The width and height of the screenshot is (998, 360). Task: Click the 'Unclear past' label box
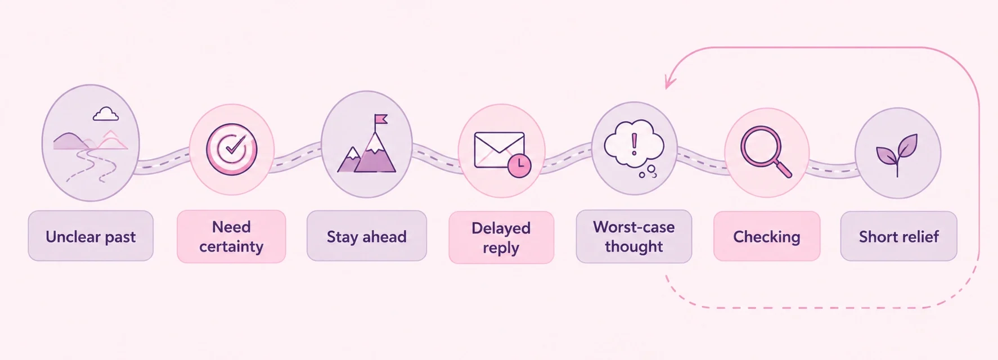point(91,236)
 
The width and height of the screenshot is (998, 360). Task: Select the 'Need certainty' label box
point(231,236)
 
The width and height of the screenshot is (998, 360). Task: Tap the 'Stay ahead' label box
point(367,236)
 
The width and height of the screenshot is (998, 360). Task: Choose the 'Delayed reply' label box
point(501,237)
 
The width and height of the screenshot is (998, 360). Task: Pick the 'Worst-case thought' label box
point(634,236)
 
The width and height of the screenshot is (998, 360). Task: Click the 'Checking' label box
point(767,236)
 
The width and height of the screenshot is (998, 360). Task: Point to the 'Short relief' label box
point(899,236)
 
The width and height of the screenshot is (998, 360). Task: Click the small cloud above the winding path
point(106,114)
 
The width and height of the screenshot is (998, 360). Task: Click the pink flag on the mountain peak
point(381,119)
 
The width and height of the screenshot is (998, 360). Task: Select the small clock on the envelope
point(519,166)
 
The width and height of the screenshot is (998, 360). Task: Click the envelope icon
point(499,150)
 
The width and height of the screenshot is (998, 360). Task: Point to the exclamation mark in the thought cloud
point(635,144)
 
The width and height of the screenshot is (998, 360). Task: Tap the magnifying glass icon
point(766,151)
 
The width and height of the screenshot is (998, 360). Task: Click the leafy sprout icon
point(897,154)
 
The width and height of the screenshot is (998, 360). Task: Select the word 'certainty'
point(231,247)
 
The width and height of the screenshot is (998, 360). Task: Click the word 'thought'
point(634,246)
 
